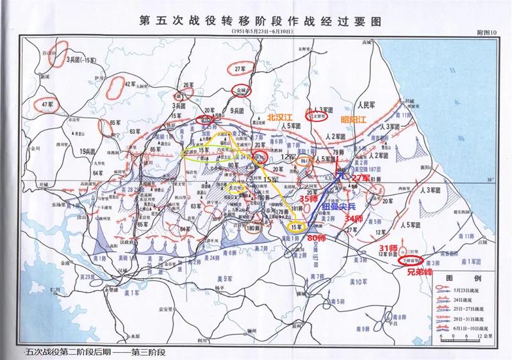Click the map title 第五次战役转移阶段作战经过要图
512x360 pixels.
256,20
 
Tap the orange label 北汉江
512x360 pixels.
280,118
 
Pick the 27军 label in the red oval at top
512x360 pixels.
240,69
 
